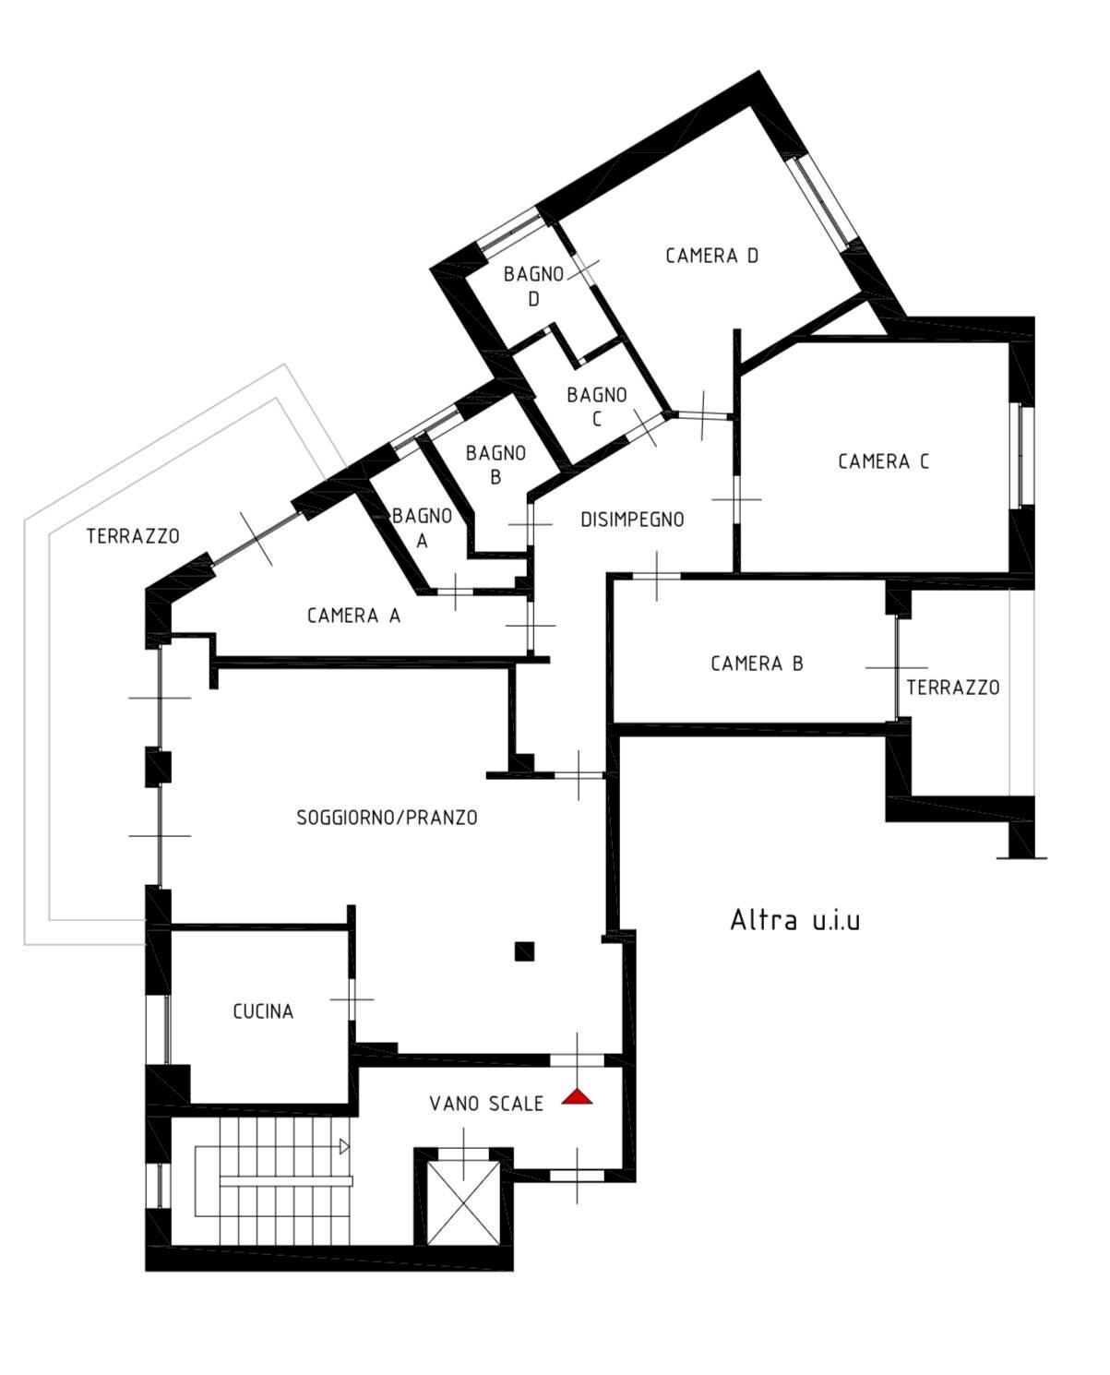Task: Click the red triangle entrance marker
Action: tap(577, 1097)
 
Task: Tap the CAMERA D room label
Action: tap(711, 256)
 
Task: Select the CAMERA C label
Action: tap(883, 461)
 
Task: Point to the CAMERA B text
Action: tap(757, 664)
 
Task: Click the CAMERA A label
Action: tap(353, 616)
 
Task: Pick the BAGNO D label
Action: tap(533, 287)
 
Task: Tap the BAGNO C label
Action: tap(596, 407)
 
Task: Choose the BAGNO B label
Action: tap(495, 465)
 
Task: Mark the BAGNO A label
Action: tap(422, 528)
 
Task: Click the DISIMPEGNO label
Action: tap(632, 520)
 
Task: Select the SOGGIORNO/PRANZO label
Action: tap(388, 818)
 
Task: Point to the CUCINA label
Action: tap(263, 1011)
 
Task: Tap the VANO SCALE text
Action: tap(486, 1104)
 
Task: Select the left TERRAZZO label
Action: tap(133, 536)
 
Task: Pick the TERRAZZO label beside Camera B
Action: tap(953, 687)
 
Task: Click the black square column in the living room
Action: tap(524, 951)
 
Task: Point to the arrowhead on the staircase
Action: tap(344, 1146)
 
